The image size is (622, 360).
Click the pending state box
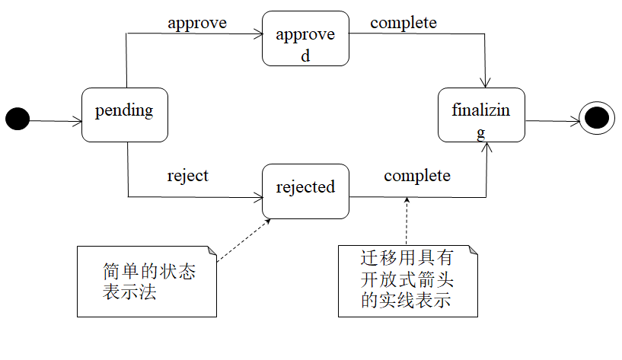124,114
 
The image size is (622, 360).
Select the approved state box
305,38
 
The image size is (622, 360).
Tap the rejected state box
305,191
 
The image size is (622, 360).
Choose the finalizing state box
481,114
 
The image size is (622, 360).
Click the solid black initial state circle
18,119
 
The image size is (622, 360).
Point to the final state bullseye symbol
597,119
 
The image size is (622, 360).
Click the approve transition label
197,23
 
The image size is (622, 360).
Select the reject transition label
187,176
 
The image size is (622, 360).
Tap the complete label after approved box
404,23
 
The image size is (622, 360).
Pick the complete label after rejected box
417,176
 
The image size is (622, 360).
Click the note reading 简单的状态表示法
147,281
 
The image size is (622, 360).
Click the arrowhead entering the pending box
77,120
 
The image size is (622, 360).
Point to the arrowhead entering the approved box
257,33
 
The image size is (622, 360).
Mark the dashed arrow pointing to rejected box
244,240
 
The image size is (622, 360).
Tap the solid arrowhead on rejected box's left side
257,197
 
